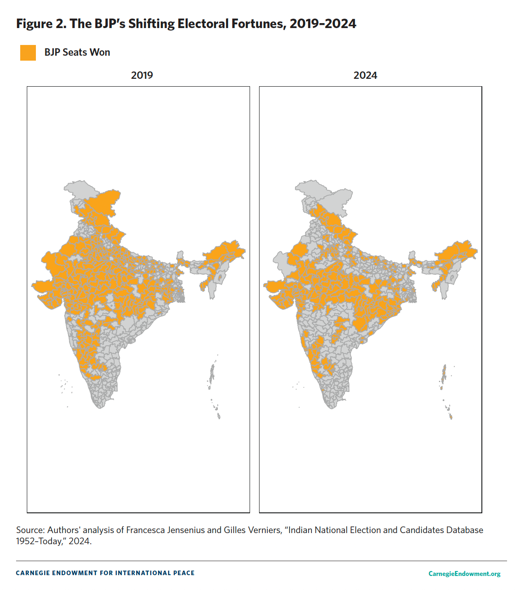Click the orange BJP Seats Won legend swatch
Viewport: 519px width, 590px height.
tap(28, 53)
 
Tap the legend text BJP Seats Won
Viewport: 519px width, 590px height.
tap(77, 52)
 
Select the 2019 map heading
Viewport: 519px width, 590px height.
tap(142, 76)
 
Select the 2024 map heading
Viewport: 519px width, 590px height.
tap(365, 76)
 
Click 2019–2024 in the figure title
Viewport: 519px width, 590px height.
tap(323, 24)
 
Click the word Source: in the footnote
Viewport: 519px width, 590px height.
tap(30, 530)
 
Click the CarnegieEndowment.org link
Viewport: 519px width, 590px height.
tap(464, 574)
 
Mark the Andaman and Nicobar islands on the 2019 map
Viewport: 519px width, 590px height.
tap(212, 373)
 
